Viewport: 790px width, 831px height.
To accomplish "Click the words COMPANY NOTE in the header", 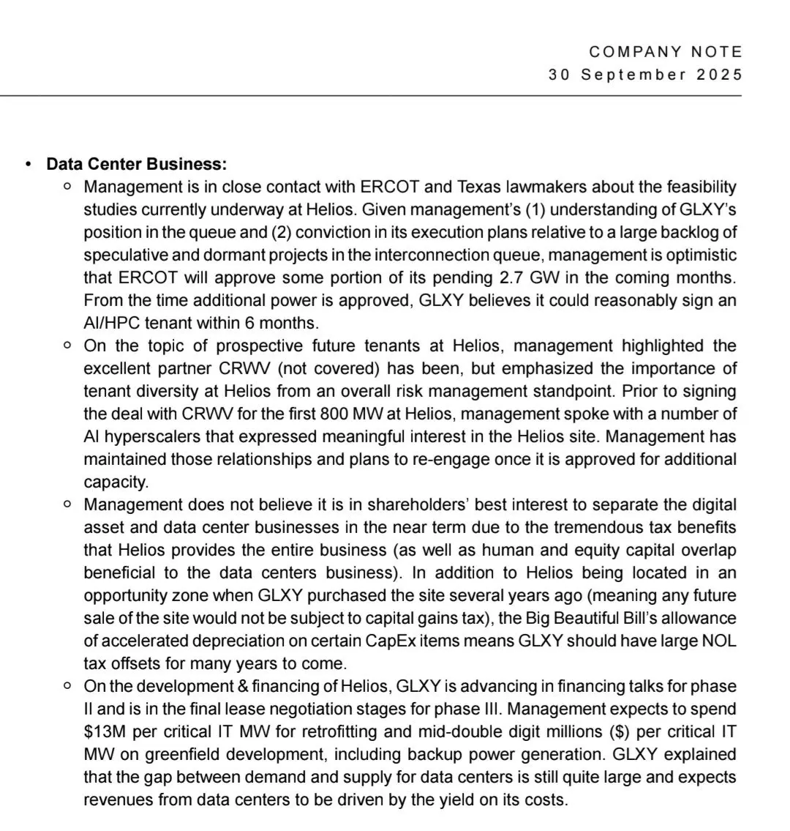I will click(x=666, y=52).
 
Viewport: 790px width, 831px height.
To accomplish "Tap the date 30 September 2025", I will click(x=645, y=75).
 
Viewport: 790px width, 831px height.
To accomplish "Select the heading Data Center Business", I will click(x=137, y=164).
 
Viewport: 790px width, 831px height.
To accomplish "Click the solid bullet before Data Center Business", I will click(x=28, y=164).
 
